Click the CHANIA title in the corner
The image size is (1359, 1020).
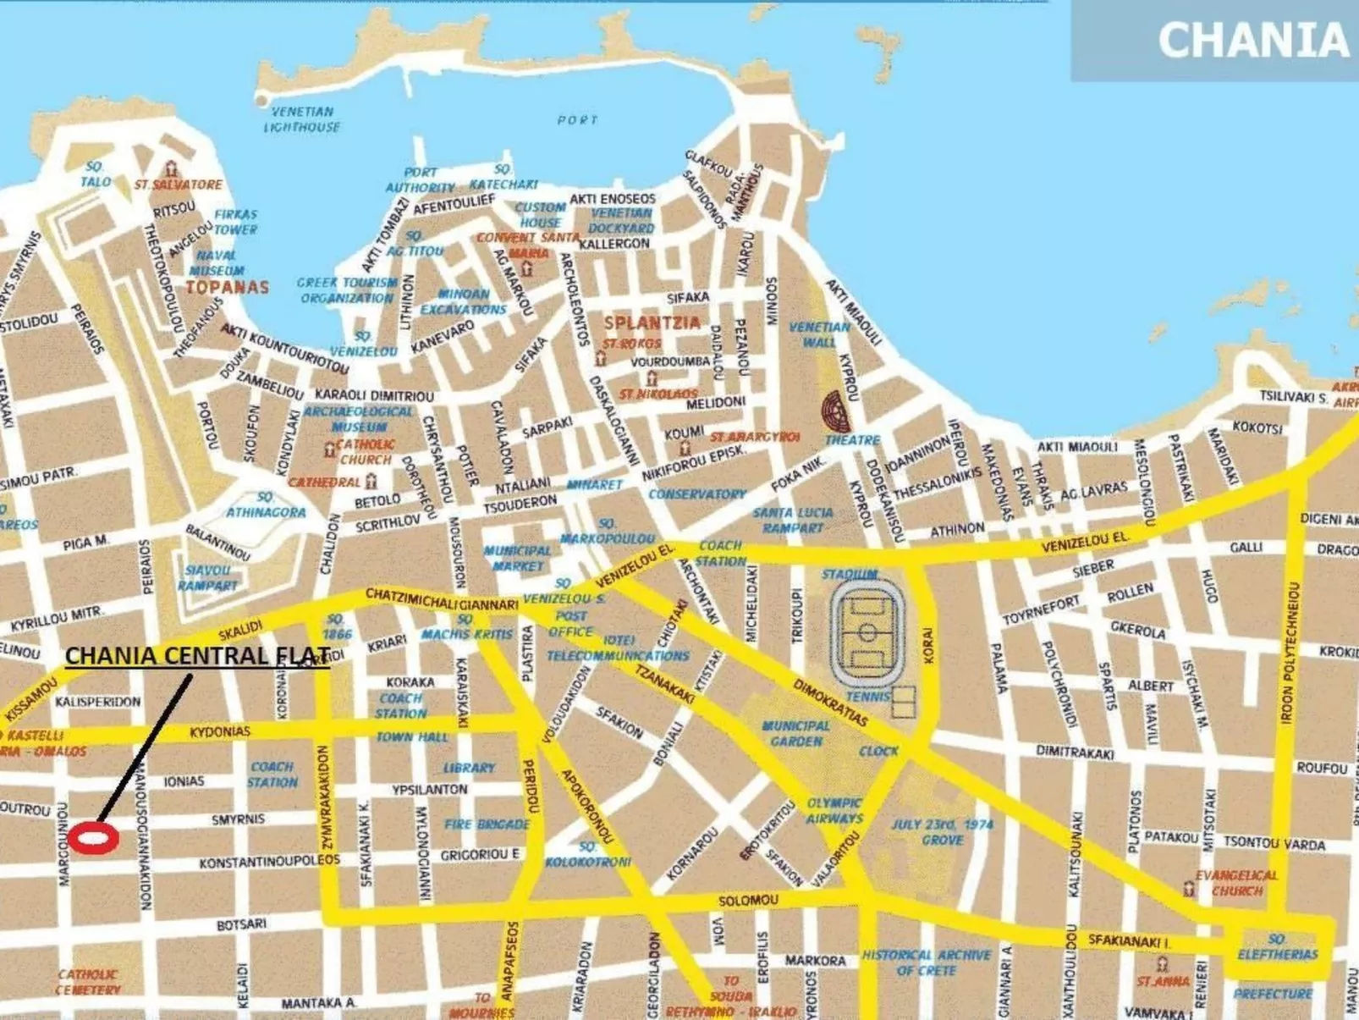(x=1252, y=41)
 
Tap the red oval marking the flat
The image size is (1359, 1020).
(x=93, y=838)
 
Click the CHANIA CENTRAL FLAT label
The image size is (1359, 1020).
(x=197, y=656)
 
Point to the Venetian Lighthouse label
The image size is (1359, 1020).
(x=302, y=119)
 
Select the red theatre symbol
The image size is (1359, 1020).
(x=836, y=412)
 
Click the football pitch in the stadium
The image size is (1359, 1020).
(x=867, y=632)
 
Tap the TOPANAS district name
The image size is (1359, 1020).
(x=227, y=287)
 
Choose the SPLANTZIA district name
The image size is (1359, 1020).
(x=652, y=323)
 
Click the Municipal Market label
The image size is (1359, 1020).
(x=517, y=558)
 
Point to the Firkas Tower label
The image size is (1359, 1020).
(x=235, y=222)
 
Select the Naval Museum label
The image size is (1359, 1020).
(x=217, y=262)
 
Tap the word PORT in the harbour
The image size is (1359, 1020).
(x=577, y=120)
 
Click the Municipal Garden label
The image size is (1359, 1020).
(x=795, y=733)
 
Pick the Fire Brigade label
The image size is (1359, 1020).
(x=487, y=824)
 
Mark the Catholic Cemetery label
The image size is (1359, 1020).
(x=88, y=982)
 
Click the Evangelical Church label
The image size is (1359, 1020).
(x=1236, y=883)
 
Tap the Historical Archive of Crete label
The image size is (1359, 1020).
(x=926, y=962)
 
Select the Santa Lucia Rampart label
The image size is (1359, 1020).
(x=793, y=520)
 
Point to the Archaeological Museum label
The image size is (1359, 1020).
(x=359, y=419)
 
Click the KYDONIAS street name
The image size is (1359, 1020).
(x=220, y=731)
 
